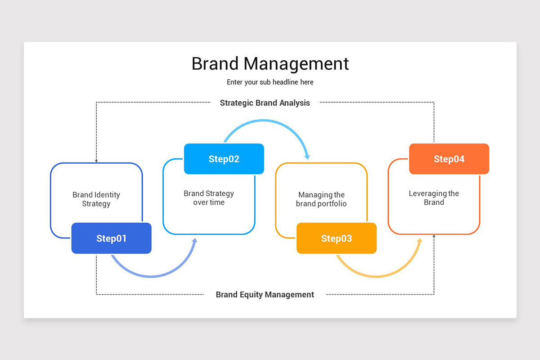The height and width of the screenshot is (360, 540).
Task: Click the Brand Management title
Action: tap(270, 63)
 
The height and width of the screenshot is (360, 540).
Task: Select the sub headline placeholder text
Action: tap(270, 82)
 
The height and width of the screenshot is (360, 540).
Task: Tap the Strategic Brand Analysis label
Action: tap(265, 103)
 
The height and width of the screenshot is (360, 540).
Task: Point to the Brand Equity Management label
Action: tap(265, 295)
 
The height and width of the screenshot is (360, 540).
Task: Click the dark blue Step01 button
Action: tap(111, 238)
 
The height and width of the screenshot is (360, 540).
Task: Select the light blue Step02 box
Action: tap(224, 159)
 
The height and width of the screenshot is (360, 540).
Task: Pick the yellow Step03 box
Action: tap(336, 238)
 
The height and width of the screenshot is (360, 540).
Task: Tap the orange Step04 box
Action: tap(449, 159)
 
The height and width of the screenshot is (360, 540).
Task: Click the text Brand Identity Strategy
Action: tap(96, 199)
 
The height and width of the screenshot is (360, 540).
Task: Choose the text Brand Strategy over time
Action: tap(209, 198)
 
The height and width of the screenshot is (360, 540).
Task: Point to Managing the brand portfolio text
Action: tap(321, 199)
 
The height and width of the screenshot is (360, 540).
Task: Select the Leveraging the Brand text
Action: tap(434, 198)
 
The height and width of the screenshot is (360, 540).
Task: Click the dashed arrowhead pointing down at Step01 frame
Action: tap(96, 161)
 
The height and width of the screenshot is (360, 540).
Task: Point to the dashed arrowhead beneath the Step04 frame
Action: tap(434, 236)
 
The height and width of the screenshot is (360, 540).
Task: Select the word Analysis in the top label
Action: tap(294, 103)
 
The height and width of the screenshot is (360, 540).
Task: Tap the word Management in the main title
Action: tap(296, 63)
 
